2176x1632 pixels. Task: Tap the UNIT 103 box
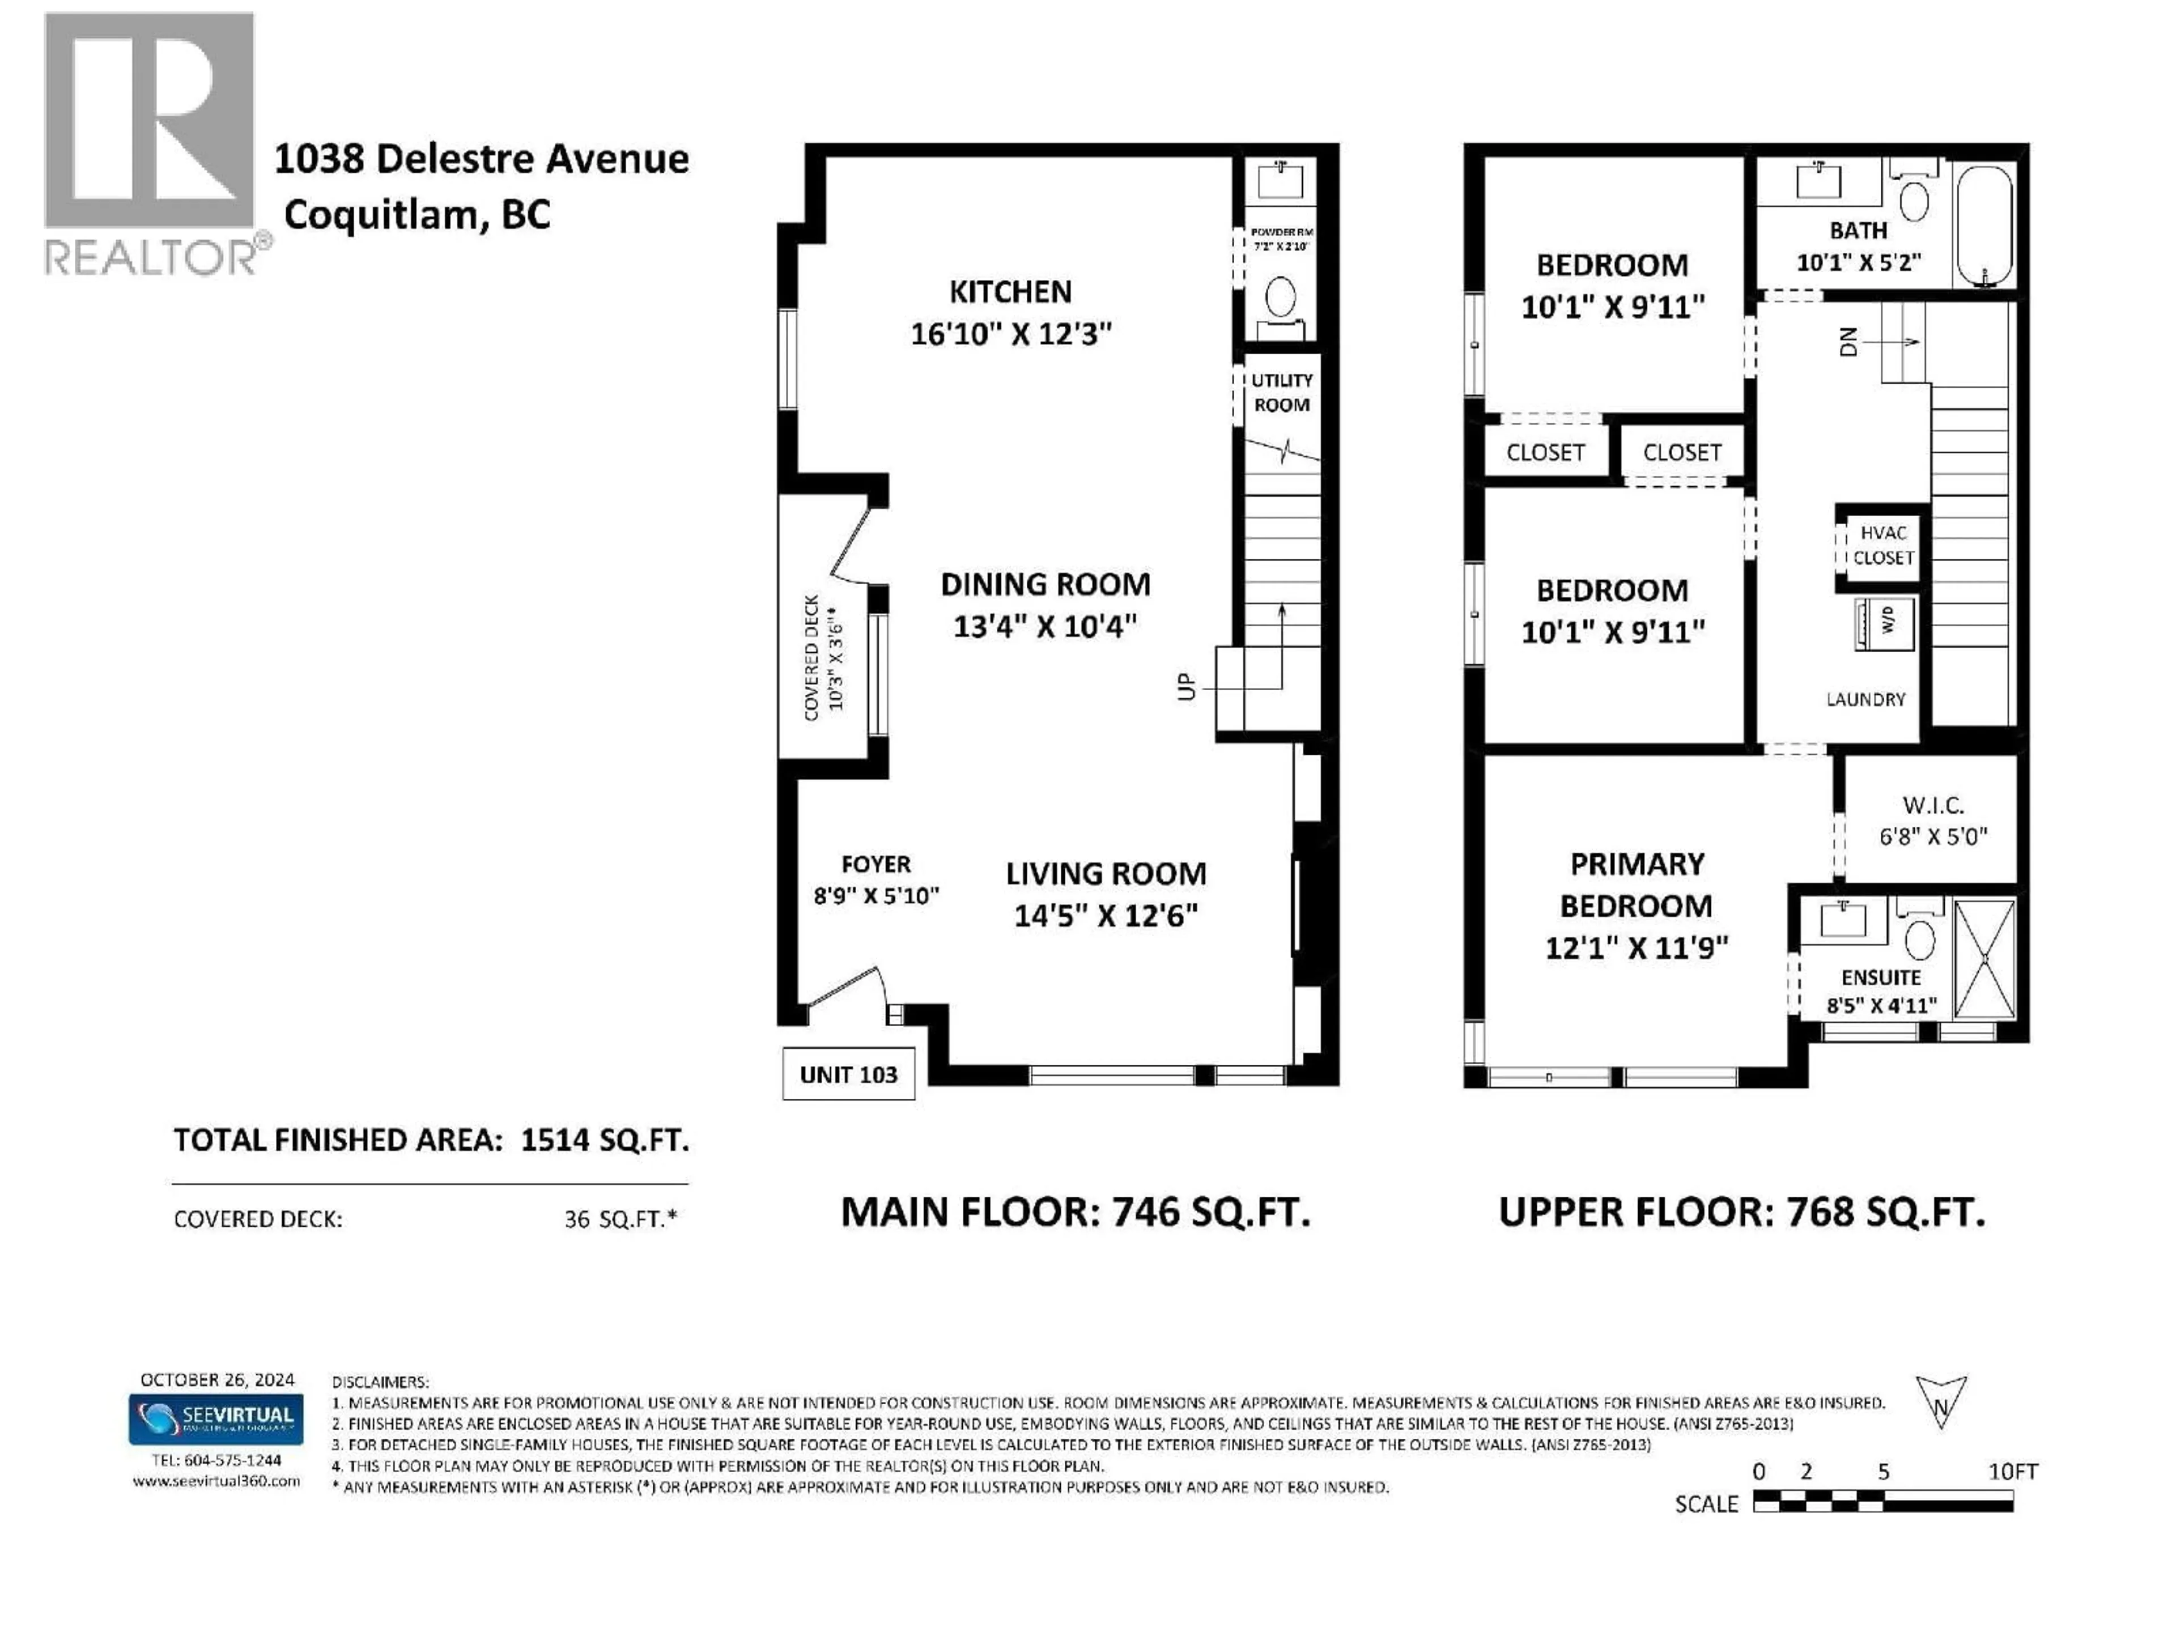coord(848,1074)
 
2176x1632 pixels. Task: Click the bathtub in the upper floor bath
coord(1984,226)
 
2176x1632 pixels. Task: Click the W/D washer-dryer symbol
coord(1884,622)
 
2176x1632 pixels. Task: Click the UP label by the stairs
coord(1187,687)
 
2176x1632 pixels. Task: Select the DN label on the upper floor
coord(1848,341)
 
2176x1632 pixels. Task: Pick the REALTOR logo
coord(152,143)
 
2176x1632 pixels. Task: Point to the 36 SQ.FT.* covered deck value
coord(620,1219)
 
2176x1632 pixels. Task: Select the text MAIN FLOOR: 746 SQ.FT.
coord(1075,1212)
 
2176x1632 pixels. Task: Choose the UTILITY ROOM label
coord(1281,393)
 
